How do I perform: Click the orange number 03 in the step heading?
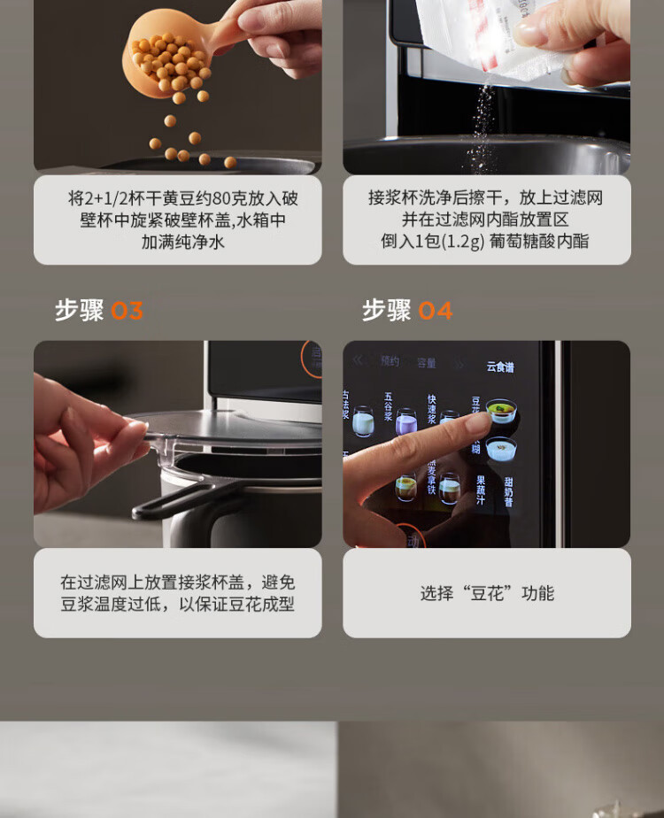(127, 311)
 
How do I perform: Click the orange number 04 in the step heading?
(435, 311)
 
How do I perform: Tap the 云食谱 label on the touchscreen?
(500, 367)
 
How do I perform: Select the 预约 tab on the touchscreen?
(390, 362)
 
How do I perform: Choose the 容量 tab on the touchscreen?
(427, 363)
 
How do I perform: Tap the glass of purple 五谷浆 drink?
(405, 421)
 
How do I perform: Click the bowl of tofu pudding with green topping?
(501, 412)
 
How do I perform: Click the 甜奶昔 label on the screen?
(508, 491)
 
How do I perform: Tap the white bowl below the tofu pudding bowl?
(501, 449)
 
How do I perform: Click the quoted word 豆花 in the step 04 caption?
(487, 593)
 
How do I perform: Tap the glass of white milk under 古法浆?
(363, 422)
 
